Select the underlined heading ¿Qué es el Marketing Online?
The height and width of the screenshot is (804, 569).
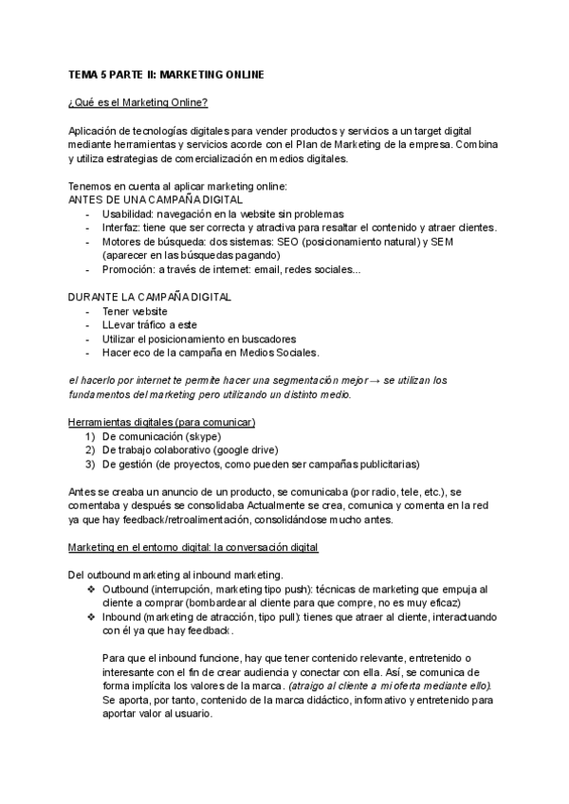tap(138, 102)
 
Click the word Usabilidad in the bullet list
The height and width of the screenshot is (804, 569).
tap(131, 214)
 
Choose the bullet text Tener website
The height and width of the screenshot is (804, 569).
tap(135, 311)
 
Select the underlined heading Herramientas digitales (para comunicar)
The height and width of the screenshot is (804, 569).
tap(162, 422)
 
